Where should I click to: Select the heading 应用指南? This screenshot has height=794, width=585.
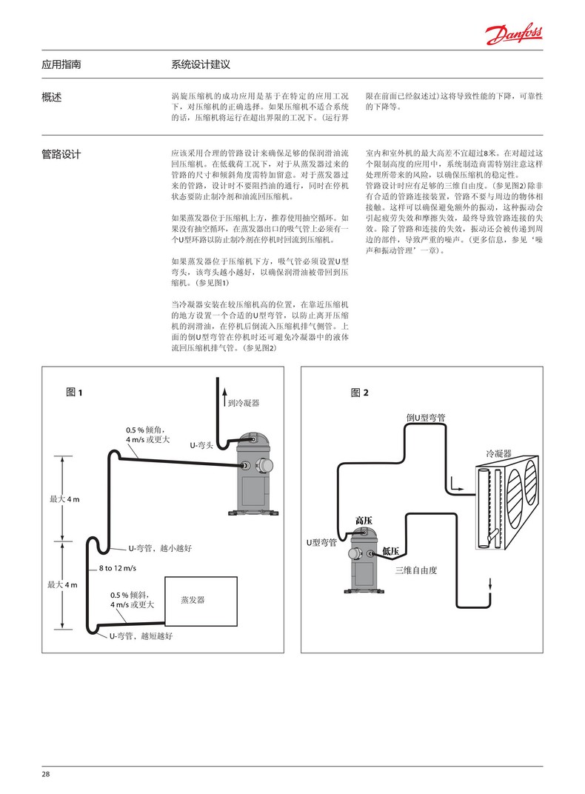(x=61, y=64)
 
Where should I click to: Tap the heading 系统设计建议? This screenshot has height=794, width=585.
(x=201, y=64)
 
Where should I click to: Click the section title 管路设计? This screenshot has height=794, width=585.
(x=61, y=155)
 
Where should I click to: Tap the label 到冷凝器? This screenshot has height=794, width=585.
(x=244, y=403)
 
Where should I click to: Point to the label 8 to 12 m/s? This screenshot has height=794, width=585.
(x=118, y=568)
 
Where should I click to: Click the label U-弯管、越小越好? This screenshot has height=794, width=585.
(x=160, y=548)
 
